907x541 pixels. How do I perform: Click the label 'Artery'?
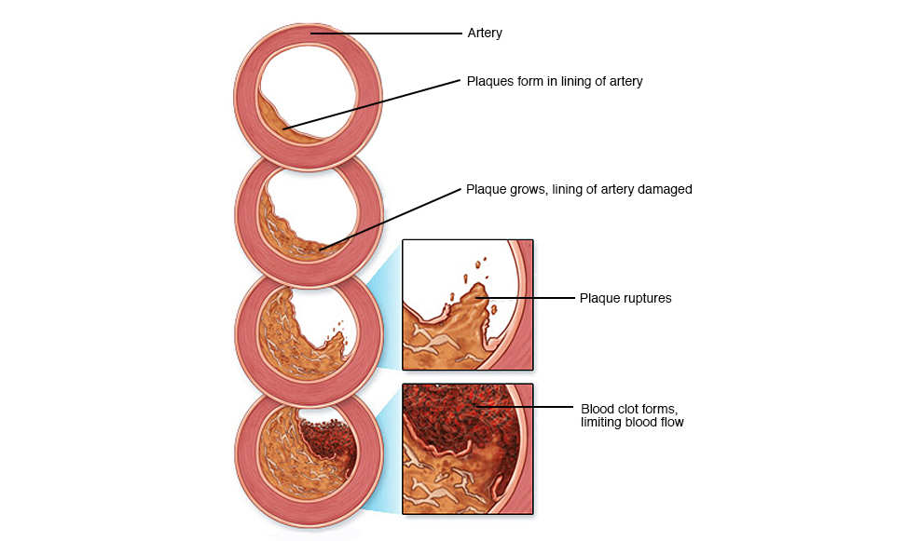pyautogui.click(x=484, y=34)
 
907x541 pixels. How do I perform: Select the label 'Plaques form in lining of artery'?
pyautogui.click(x=555, y=82)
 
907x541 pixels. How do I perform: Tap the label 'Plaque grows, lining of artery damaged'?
pyautogui.click(x=578, y=190)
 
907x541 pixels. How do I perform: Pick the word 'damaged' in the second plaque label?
pyautogui.click(x=664, y=190)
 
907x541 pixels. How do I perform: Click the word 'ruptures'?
pyautogui.click(x=647, y=299)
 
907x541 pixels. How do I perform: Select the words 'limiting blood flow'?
pyautogui.click(x=632, y=422)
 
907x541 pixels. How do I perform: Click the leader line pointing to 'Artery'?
pyautogui.click(x=392, y=34)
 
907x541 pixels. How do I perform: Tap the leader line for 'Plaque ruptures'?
pyautogui.click(x=531, y=298)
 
